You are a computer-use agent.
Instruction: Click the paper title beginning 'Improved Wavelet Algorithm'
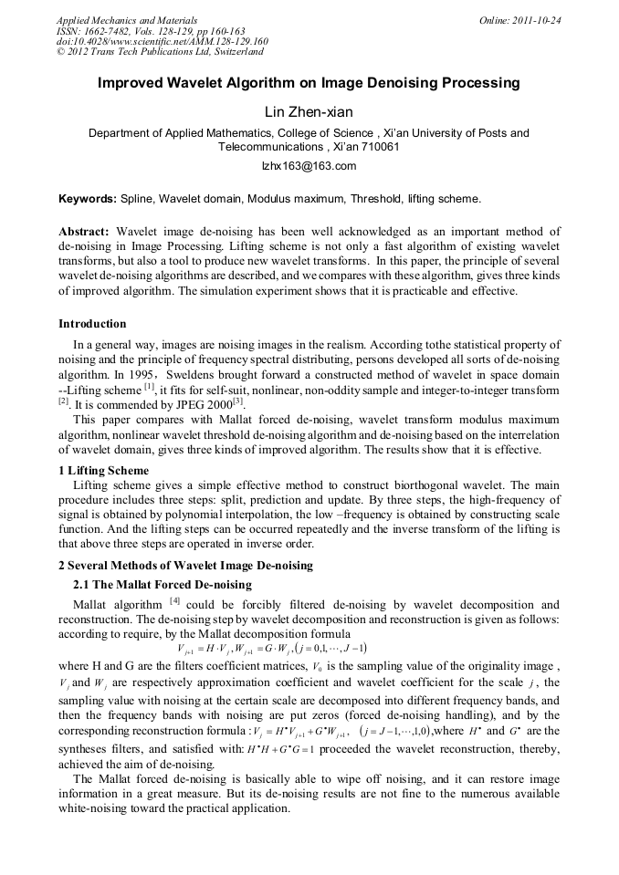[x=309, y=83]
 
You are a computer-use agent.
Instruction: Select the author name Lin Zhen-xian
[x=309, y=112]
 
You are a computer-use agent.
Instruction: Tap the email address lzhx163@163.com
[x=309, y=166]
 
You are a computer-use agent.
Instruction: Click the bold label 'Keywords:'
[x=88, y=198]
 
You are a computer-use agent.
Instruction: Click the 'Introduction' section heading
[x=92, y=324]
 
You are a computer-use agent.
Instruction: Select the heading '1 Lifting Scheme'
[x=103, y=471]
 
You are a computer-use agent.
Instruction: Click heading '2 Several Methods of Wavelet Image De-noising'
[x=185, y=566]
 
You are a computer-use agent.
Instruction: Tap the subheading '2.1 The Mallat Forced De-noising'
[x=162, y=585]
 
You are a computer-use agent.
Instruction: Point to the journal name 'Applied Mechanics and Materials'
[x=126, y=19]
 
